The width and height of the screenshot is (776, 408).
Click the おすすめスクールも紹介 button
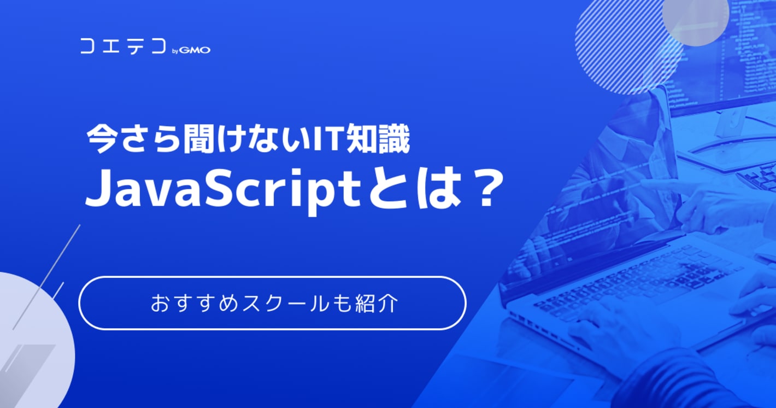pyautogui.click(x=272, y=303)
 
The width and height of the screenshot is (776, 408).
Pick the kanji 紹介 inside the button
pyautogui.click(x=377, y=304)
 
